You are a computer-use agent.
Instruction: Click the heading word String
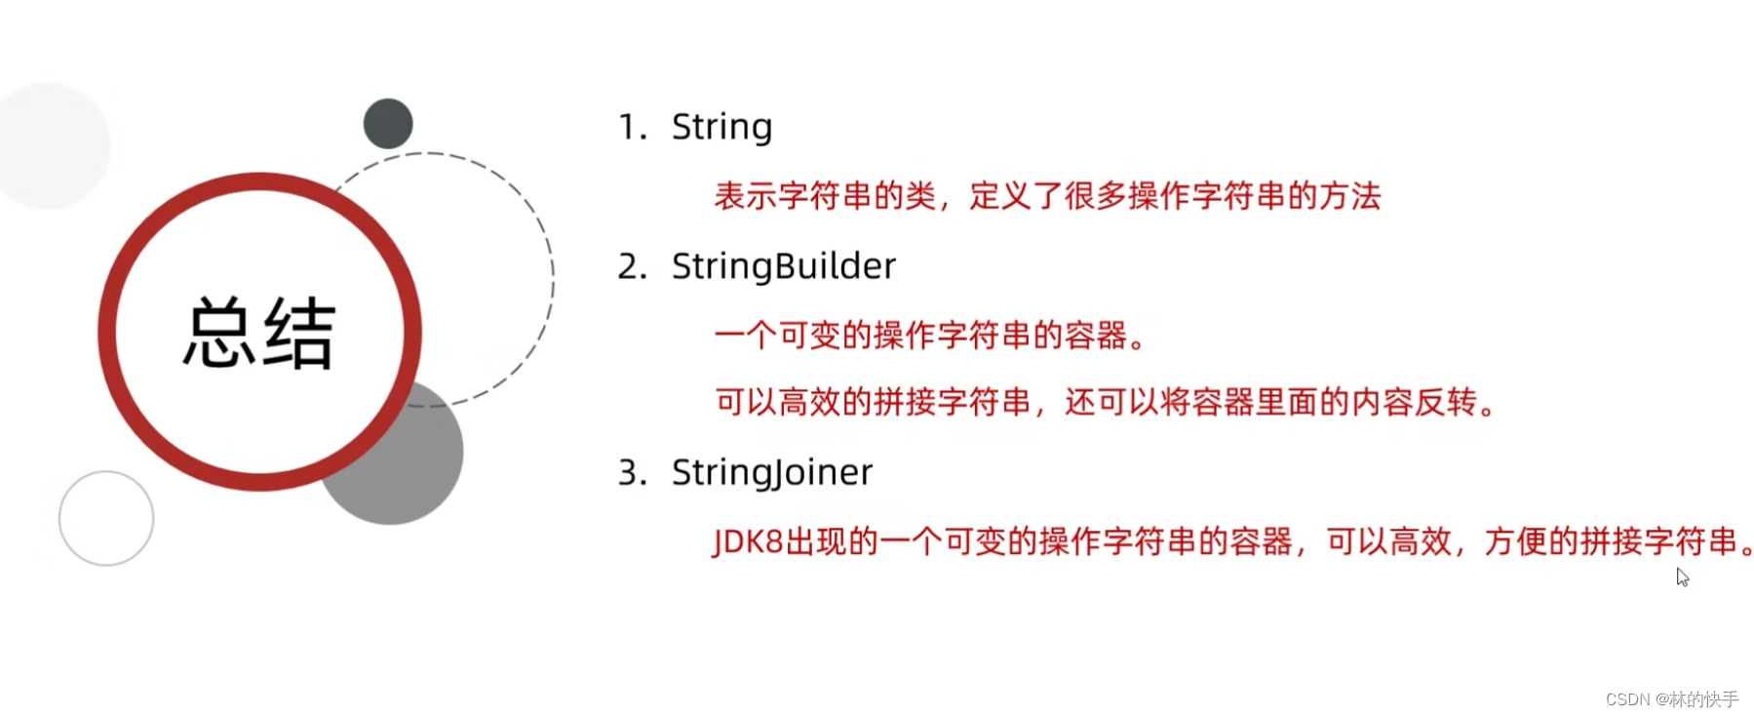click(721, 127)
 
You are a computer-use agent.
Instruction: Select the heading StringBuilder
click(783, 266)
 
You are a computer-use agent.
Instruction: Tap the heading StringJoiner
click(771, 473)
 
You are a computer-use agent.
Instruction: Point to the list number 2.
click(631, 266)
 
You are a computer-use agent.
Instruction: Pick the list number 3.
click(631, 473)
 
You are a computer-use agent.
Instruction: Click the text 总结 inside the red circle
click(259, 334)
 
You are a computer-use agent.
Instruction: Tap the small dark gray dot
click(388, 124)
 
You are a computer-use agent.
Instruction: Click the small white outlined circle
click(106, 518)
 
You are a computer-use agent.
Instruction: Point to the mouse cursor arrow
click(1682, 577)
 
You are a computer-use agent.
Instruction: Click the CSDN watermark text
click(1671, 699)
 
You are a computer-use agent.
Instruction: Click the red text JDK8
click(748, 541)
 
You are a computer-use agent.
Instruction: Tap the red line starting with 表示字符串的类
click(1047, 196)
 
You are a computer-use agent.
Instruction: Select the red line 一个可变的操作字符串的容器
click(929, 336)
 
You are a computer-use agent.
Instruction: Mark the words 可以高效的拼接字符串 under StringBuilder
click(873, 402)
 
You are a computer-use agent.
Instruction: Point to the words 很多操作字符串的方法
click(1223, 196)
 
